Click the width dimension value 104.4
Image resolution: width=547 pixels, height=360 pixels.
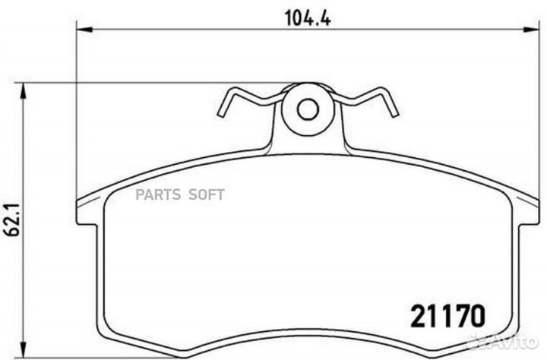pos(308,18)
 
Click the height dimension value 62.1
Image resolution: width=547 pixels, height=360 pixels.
pos(13,219)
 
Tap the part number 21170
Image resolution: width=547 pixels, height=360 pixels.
pos(448,316)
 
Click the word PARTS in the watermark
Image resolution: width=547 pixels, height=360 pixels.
pos(158,194)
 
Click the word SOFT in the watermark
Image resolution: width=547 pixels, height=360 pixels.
pos(207,194)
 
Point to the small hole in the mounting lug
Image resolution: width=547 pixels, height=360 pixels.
pos(308,109)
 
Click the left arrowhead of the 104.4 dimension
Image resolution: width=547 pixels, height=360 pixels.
pos(84,30)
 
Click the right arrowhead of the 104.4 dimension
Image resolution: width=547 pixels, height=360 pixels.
pos(531,30)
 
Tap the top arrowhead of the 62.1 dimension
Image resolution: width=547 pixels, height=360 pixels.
pos(23,91)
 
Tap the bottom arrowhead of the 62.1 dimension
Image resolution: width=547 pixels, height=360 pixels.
pos(23,350)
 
